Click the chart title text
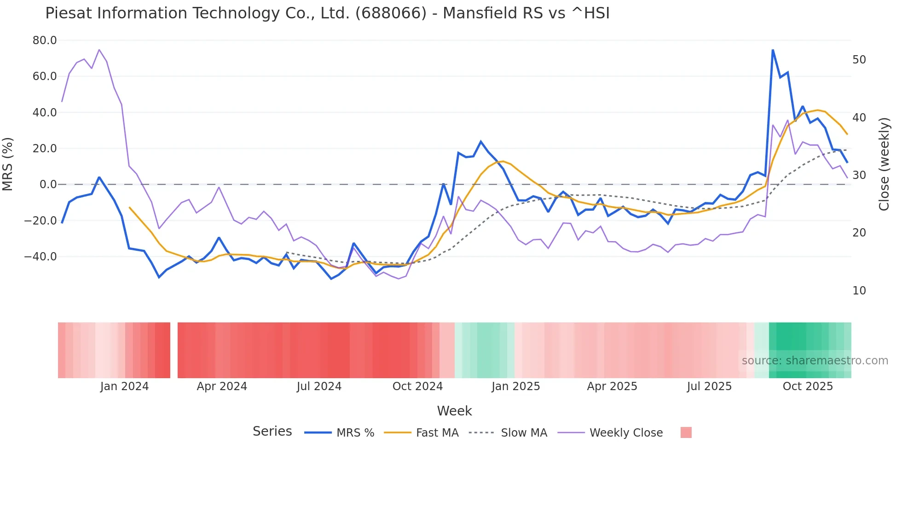point(327,13)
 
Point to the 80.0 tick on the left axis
point(45,40)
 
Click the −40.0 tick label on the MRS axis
point(40,257)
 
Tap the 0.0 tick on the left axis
point(48,184)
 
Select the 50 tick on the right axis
point(859,60)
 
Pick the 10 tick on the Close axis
point(859,291)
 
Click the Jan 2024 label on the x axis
point(124,386)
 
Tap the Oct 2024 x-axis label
point(417,386)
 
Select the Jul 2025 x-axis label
point(709,386)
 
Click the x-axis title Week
point(454,411)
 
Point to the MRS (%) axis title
point(8,164)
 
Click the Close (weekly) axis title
point(884,164)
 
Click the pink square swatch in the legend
point(686,432)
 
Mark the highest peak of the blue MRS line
point(773,50)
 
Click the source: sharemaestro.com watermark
point(815,361)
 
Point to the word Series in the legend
point(272,432)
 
